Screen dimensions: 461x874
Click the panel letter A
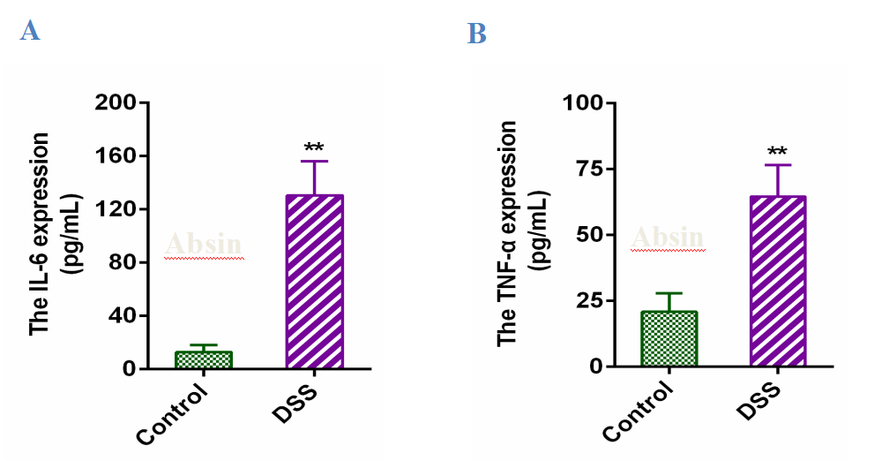[x=30, y=32]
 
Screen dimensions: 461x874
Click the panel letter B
[x=477, y=34]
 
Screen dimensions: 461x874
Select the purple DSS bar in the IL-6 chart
[x=315, y=282]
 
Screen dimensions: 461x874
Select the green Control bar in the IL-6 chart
[x=204, y=360]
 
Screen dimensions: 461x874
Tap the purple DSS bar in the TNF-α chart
[x=778, y=281]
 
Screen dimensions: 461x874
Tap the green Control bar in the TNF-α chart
[x=669, y=338]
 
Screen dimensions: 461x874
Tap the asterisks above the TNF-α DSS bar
[x=778, y=152]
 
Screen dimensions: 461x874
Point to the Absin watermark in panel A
[x=205, y=244]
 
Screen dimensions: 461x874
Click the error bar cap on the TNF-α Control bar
[x=669, y=293]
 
